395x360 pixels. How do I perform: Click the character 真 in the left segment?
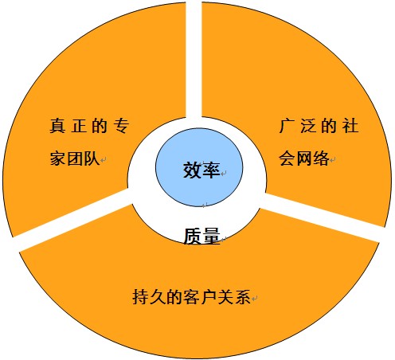pos(57,126)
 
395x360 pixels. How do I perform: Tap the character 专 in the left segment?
pos(121,126)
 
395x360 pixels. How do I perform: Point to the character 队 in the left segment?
pos(91,158)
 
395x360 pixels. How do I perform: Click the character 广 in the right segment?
pos(287,126)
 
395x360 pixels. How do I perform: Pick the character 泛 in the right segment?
pos(308,126)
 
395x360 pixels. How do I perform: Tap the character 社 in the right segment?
pos(350,126)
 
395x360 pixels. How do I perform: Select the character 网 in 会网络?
pos(304,158)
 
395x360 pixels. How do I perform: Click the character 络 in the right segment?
pos(321,158)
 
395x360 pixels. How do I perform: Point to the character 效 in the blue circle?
pos(192,170)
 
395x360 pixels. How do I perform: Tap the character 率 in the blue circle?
pos(211,170)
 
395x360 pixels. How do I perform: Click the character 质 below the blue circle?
pos(193,236)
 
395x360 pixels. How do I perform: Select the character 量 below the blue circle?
pos(211,236)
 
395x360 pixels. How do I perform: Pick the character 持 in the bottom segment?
pos(141,296)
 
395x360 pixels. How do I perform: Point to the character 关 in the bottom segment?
pos(225,296)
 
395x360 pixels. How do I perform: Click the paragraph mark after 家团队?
pos(104,160)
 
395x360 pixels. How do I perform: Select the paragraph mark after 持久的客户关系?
pos(255,299)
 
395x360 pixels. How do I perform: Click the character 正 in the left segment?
pos(79,126)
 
